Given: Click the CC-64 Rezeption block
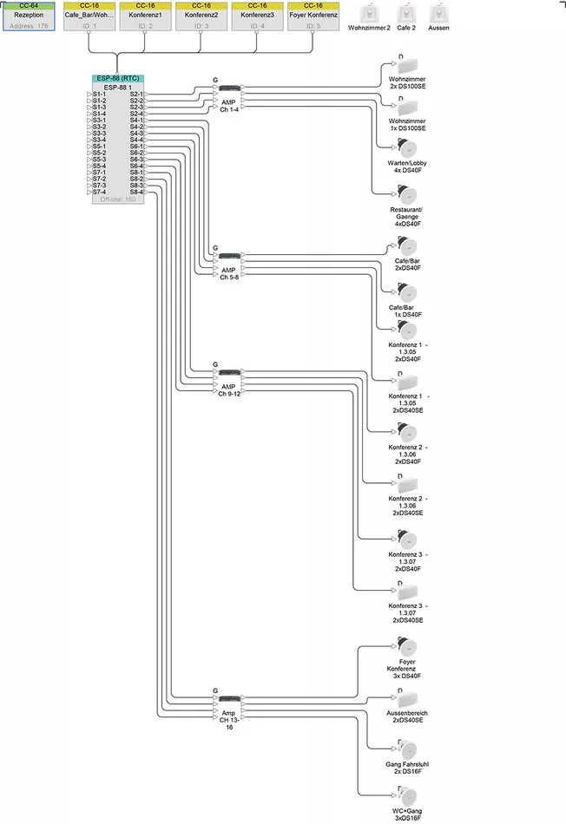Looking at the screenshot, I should [29, 16].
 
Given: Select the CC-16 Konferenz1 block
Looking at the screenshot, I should [145, 16].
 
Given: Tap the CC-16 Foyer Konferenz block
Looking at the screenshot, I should [313, 16].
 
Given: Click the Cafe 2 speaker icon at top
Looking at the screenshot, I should [406, 14].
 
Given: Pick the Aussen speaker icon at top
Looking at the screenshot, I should [438, 14].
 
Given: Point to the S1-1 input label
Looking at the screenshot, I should [99, 94].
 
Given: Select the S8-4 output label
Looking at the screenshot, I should [136, 192].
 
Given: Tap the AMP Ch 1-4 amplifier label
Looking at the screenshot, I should [228, 106].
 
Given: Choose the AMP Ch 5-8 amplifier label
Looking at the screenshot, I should [228, 273].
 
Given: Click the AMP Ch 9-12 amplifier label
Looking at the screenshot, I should [228, 389].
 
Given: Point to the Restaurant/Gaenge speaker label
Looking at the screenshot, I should [407, 217].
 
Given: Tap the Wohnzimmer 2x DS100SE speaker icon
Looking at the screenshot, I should [407, 66].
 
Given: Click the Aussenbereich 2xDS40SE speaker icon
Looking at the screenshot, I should [407, 698].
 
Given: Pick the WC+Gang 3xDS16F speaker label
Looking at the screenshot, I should [407, 813].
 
